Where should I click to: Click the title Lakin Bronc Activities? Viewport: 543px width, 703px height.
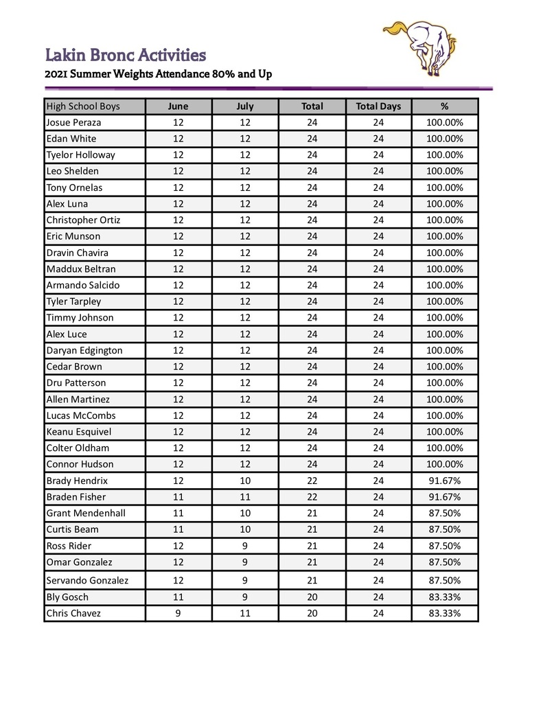click(126, 54)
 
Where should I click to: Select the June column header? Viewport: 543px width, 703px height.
click(178, 106)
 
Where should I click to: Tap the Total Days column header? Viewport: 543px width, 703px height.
click(378, 106)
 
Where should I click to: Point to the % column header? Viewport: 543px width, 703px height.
click(444, 106)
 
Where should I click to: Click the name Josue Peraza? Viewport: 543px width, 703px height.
click(73, 122)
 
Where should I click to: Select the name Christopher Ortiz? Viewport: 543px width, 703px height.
click(83, 220)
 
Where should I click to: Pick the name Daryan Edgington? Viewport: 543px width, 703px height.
click(84, 350)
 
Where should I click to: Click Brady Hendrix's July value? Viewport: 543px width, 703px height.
click(245, 481)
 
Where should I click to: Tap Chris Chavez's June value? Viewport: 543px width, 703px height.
click(178, 613)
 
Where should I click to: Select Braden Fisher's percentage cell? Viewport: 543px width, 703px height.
click(444, 497)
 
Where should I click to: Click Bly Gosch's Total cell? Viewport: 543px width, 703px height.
click(312, 597)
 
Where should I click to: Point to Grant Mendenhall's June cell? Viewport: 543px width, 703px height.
click(178, 513)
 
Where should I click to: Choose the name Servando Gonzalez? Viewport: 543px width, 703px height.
click(87, 580)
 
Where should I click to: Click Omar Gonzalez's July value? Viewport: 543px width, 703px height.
click(245, 562)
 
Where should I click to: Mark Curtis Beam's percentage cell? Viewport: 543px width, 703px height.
click(444, 529)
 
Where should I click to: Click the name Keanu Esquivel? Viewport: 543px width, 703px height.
click(78, 432)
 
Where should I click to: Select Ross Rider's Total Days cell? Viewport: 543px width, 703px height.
click(378, 546)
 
